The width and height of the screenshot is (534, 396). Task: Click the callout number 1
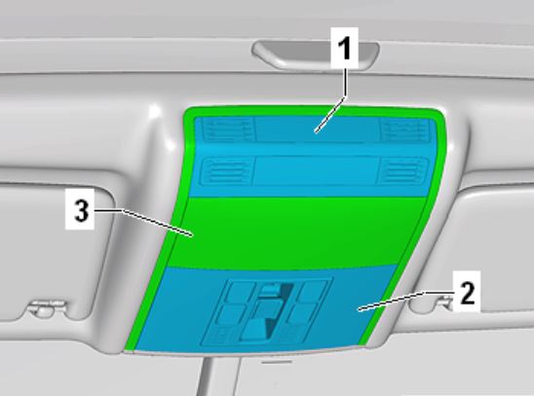click(345, 49)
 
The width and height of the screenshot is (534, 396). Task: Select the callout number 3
click(81, 210)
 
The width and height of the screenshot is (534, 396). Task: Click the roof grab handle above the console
click(315, 54)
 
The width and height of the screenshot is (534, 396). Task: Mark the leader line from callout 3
click(142, 221)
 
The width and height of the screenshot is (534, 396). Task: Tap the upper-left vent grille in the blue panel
click(227, 128)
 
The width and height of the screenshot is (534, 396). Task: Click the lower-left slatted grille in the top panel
click(227, 170)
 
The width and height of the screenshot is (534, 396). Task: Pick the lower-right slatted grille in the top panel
click(401, 171)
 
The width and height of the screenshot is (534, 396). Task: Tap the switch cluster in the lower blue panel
click(266, 310)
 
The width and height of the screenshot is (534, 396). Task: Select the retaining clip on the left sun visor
click(47, 306)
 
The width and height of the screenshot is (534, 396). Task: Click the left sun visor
click(51, 252)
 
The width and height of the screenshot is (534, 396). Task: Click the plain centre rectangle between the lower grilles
click(316, 171)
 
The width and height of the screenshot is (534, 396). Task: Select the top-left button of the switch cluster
click(241, 291)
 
